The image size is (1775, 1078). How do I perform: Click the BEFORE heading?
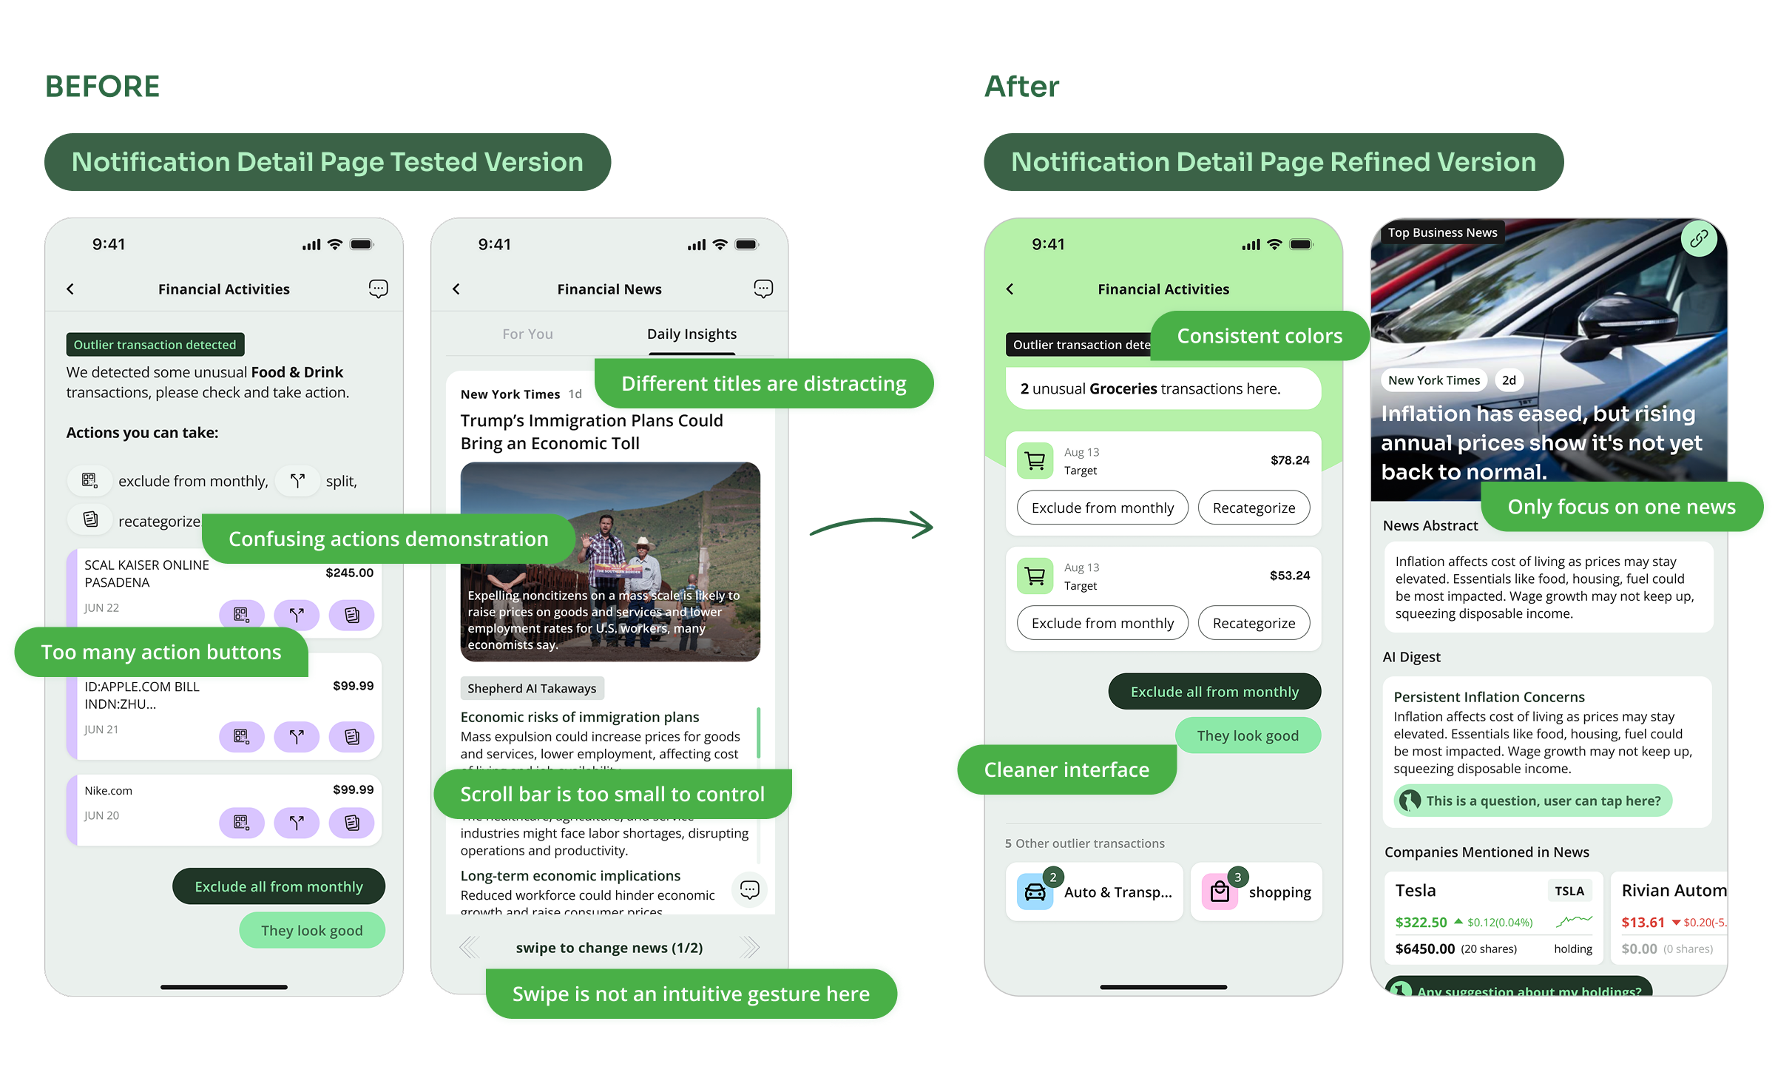click(102, 87)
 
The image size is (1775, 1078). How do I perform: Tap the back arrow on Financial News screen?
click(456, 289)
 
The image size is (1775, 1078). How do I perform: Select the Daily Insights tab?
click(692, 334)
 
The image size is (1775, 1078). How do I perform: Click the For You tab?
click(527, 334)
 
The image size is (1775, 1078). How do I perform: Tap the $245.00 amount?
click(349, 573)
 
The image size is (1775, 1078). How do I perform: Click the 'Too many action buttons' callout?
click(161, 652)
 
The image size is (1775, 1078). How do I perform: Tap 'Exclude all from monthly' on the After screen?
click(1214, 692)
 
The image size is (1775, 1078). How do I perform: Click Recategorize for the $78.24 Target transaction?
click(1254, 508)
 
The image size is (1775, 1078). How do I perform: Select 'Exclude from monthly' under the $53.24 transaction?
click(1102, 624)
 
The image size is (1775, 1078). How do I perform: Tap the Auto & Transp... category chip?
click(1095, 892)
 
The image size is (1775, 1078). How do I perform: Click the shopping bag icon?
click(1220, 892)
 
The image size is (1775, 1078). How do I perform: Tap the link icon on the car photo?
click(1699, 238)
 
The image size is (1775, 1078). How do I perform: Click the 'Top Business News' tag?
click(1442, 232)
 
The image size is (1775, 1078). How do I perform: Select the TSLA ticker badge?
click(1569, 891)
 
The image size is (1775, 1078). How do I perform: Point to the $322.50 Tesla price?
click(1421, 922)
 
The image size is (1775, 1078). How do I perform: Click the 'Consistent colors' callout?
click(1260, 336)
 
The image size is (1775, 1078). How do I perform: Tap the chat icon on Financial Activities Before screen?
click(378, 289)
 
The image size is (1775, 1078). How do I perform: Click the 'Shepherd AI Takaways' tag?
click(532, 688)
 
